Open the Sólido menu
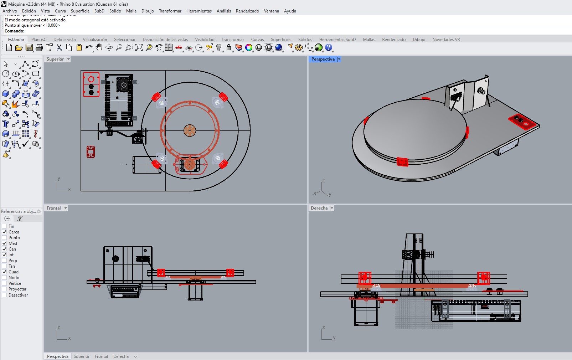[115, 11]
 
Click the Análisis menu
[224, 11]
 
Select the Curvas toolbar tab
[257, 39]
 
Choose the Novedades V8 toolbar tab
[446, 39]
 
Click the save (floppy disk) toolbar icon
[29, 47]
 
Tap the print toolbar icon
[39, 47]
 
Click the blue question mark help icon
[328, 47]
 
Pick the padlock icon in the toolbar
[228, 47]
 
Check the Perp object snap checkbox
[4, 261]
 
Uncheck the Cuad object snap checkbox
[4, 272]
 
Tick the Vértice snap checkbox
[4, 283]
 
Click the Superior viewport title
[55, 59]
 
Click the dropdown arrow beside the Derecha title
[332, 208]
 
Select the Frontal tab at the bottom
[101, 356]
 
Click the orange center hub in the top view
[190, 131]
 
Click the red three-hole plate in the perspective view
[522, 122]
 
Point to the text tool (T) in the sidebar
[5, 124]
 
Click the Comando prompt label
[15, 31]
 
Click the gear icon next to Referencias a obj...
[39, 211]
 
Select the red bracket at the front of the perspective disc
[402, 162]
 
